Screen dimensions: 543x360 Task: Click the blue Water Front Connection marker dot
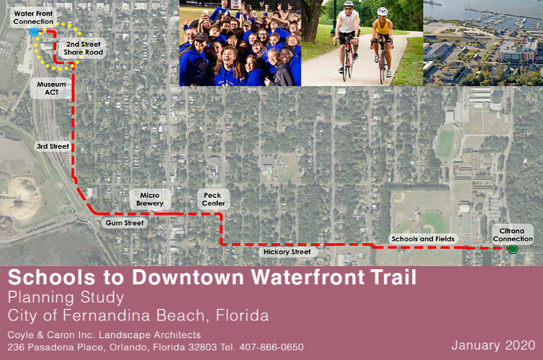[34, 32]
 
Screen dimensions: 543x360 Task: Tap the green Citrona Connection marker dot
[513, 249]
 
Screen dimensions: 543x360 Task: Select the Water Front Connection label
[33, 18]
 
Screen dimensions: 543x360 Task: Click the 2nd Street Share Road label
[83, 48]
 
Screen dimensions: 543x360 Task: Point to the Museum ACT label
[51, 88]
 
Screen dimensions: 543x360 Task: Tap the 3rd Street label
[53, 146]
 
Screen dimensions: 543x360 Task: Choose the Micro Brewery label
[150, 199]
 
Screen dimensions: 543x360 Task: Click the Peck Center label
[213, 199]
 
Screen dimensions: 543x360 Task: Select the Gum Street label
[125, 223]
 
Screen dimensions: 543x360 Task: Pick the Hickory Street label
[287, 252]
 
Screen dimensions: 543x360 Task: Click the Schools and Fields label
[423, 239]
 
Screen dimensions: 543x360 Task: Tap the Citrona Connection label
[513, 235]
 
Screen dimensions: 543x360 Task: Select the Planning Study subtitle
[66, 298]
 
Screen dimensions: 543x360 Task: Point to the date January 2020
[493, 345]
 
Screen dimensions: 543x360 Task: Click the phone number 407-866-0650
[271, 347]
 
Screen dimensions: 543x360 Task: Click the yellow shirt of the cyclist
[383, 27]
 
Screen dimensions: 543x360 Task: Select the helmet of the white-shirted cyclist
[349, 4]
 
